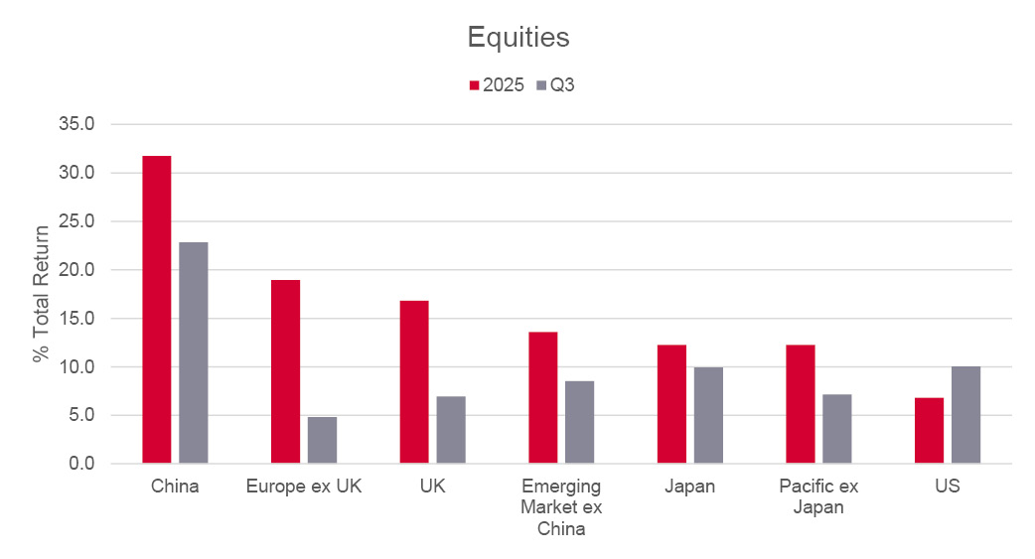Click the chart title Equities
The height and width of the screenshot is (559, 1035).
517,38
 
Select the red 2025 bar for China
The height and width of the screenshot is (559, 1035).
157,309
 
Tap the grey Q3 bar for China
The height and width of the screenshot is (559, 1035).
194,352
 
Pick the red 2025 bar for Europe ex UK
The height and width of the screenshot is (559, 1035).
285,371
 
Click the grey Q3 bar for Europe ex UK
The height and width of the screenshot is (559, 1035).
322,440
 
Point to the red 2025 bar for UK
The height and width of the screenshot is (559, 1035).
414,381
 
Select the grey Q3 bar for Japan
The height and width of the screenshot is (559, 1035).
708,415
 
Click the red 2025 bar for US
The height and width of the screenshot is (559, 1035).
929,430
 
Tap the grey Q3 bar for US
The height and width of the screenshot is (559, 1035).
965,415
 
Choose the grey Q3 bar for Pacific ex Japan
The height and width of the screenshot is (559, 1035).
837,429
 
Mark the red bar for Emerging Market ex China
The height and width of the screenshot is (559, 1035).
543,397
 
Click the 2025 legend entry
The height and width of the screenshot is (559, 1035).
496,85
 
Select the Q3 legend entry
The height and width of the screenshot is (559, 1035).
555,85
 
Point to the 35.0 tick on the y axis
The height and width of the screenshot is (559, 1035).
76,124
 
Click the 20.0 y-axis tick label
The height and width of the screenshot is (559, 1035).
76,270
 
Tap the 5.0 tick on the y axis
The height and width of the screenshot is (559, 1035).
80,415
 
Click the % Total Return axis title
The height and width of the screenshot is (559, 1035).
41,294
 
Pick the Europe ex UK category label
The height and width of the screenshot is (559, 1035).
304,487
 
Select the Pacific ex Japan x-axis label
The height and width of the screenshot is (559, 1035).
818,496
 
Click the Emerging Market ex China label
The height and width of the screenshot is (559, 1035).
561,506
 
